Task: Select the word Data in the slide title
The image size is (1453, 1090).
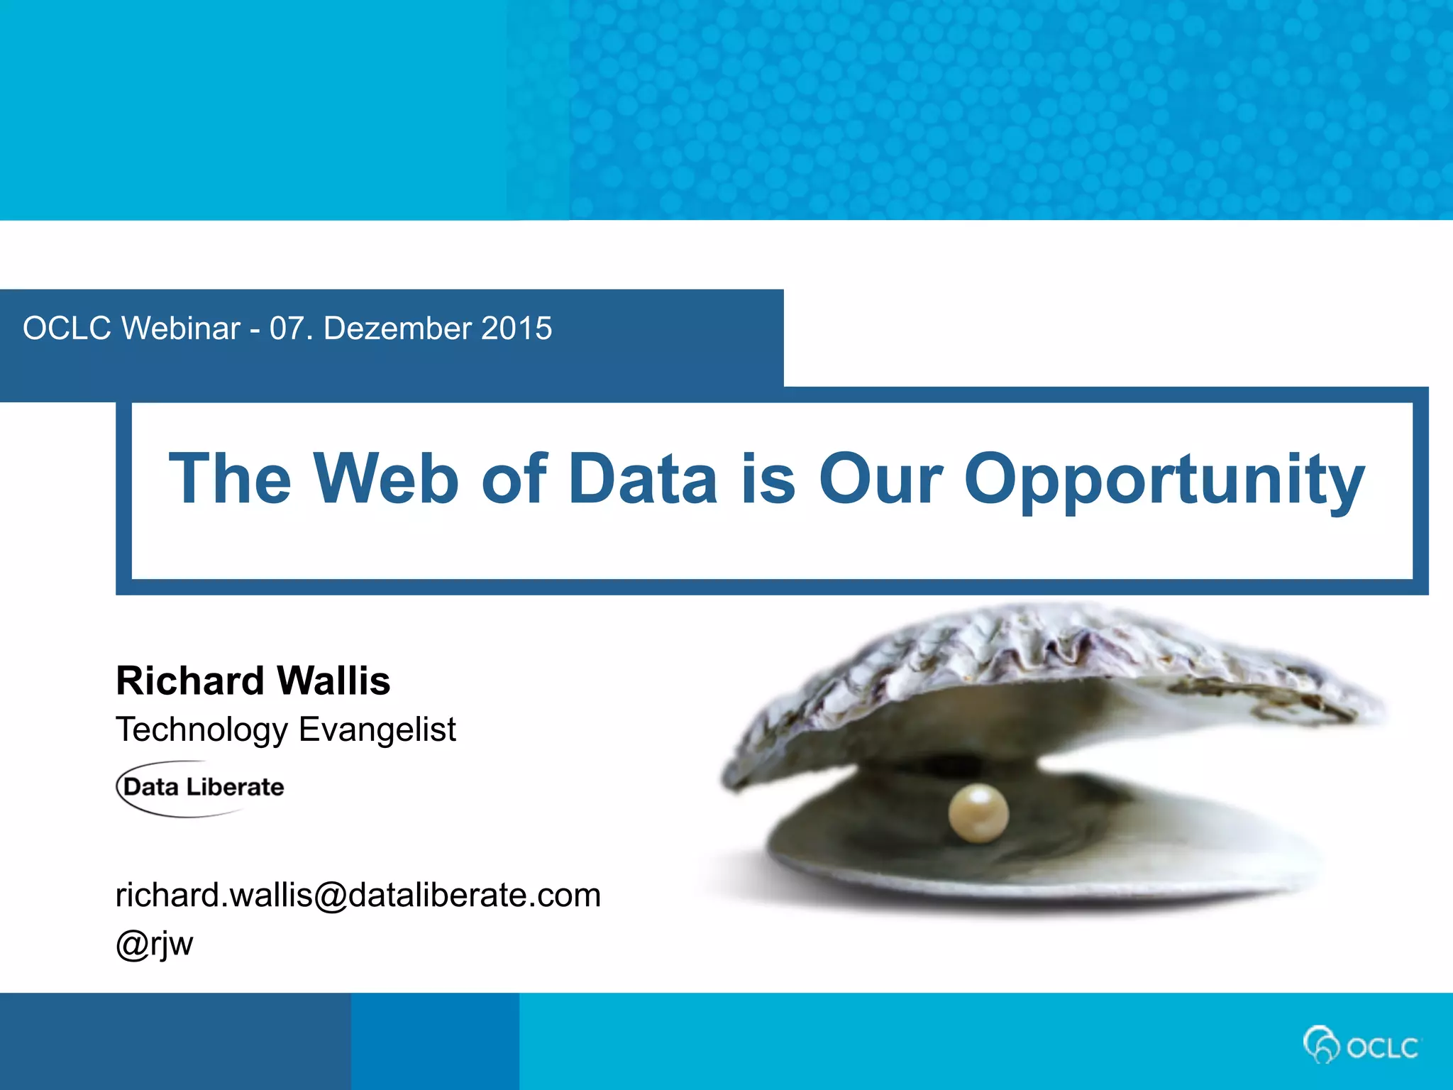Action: tap(643, 479)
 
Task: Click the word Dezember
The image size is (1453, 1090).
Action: tap(397, 329)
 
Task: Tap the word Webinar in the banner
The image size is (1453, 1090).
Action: tap(181, 329)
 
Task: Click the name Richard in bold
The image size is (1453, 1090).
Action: tap(189, 681)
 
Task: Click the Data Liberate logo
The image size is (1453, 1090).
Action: tap(201, 788)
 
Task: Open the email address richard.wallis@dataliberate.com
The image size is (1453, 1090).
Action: tap(358, 895)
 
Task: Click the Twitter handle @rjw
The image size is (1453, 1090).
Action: tap(154, 944)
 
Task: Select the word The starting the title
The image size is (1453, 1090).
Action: tap(230, 479)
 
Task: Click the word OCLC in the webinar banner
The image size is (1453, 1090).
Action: tap(67, 329)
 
